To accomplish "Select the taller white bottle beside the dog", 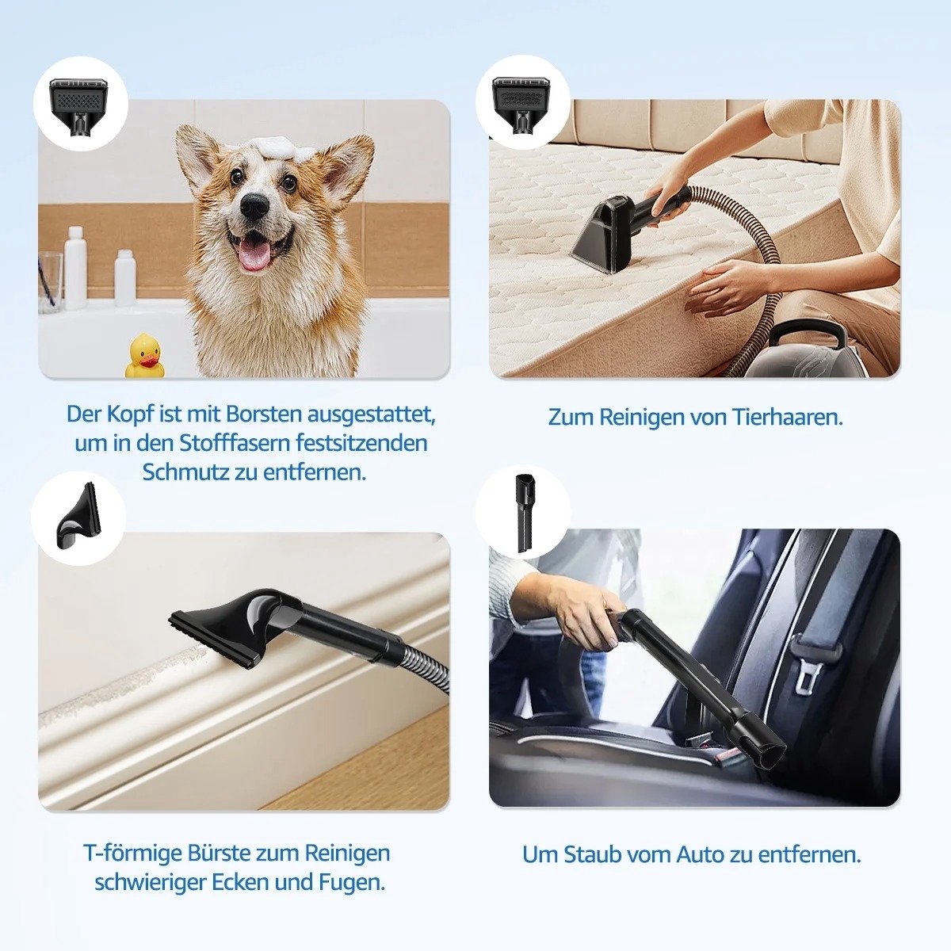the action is (x=75, y=268).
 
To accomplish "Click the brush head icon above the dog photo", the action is (x=79, y=106).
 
